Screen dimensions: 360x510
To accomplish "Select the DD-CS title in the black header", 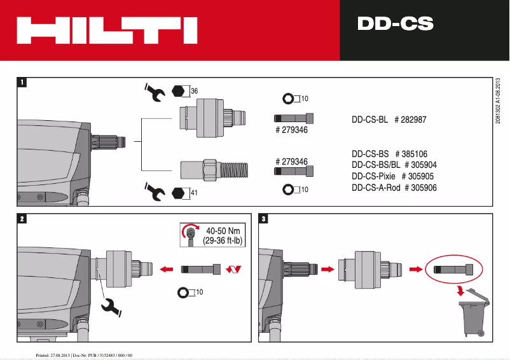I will click(x=395, y=24).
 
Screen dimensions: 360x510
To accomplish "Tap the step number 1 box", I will click(x=22, y=82).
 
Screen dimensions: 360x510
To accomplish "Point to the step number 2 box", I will click(x=22, y=219).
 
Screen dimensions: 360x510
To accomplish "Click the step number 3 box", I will click(x=264, y=219).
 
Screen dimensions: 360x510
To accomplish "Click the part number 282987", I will click(x=421, y=120).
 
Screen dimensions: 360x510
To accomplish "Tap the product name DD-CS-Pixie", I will click(x=373, y=176).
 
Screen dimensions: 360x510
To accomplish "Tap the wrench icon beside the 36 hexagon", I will click(x=155, y=92).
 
